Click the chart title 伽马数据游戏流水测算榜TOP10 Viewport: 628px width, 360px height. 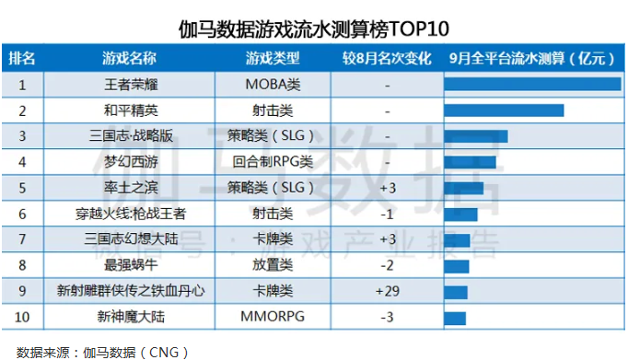point(314,25)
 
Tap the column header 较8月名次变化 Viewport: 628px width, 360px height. point(387,59)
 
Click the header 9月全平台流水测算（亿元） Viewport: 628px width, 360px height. point(531,59)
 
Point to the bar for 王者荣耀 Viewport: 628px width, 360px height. point(532,85)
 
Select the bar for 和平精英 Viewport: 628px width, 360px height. point(504,110)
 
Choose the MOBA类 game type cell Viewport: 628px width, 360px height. point(273,85)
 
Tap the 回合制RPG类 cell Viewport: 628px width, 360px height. point(273,162)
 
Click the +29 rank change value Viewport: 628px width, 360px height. point(387,292)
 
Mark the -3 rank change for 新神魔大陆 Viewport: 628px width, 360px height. point(387,318)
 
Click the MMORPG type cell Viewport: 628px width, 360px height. point(273,318)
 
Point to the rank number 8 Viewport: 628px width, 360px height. point(22,266)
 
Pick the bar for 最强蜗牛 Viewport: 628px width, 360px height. point(457,266)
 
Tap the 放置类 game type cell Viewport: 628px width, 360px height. point(273,266)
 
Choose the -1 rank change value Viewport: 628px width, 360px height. point(387,214)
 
